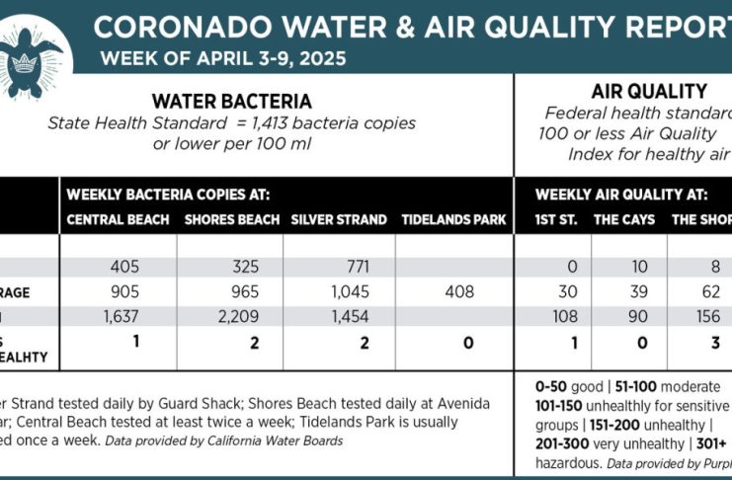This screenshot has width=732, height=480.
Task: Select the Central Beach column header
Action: click(117, 219)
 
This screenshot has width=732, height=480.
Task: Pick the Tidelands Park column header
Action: click(454, 219)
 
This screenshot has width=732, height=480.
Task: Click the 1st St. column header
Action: click(555, 219)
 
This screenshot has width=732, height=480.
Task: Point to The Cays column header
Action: click(623, 219)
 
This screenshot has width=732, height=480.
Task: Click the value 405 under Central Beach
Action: click(118, 268)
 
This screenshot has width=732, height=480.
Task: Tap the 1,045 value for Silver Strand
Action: click(336, 292)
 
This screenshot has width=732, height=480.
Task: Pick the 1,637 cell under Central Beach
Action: click(118, 317)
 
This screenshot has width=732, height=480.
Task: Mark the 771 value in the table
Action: click(336, 268)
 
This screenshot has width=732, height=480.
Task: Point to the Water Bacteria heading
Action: click(232, 101)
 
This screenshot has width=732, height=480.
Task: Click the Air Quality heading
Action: click(647, 92)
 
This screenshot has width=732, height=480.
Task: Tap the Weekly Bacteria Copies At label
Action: click(168, 196)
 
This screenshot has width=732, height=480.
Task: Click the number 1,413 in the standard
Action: click(286, 123)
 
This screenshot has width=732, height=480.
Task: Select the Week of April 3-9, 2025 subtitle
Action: click(223, 58)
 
